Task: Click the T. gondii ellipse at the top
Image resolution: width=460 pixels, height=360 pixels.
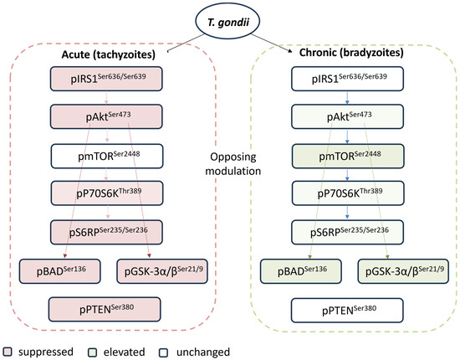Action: pyautogui.click(x=227, y=22)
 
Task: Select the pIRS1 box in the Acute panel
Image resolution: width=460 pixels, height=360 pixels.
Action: pyautogui.click(x=106, y=79)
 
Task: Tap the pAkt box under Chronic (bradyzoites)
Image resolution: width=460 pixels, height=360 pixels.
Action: pyautogui.click(x=347, y=116)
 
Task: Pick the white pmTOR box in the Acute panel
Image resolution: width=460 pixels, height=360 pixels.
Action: pyautogui.click(x=107, y=156)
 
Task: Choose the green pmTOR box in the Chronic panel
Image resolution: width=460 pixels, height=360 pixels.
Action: pyautogui.click(x=348, y=156)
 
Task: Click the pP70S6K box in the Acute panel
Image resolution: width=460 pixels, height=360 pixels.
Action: pyautogui.click(x=107, y=193)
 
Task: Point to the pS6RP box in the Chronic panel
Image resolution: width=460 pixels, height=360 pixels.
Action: pyautogui.click(x=347, y=232)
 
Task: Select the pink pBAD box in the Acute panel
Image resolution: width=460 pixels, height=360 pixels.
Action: pyautogui.click(x=60, y=271)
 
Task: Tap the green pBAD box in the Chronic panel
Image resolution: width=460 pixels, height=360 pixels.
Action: pyautogui.click(x=301, y=271)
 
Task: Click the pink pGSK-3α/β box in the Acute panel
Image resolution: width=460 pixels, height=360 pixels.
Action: pyautogui.click(x=162, y=271)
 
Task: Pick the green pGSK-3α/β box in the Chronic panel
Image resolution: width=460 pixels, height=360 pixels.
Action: pyautogui.click(x=403, y=271)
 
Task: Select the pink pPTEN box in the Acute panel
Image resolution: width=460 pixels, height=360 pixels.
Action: pyautogui.click(x=105, y=309)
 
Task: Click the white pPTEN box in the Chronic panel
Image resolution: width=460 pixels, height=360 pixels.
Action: pyautogui.click(x=347, y=311)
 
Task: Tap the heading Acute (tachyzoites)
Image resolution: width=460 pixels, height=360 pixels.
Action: pyautogui.click(x=108, y=54)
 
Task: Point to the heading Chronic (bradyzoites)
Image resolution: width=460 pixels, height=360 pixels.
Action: pyautogui.click(x=351, y=53)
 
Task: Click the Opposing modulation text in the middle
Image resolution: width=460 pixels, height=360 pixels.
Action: pyautogui.click(x=233, y=164)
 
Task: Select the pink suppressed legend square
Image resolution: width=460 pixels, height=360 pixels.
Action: pyautogui.click(x=7, y=352)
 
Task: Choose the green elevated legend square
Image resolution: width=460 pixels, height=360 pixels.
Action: pyautogui.click(x=92, y=352)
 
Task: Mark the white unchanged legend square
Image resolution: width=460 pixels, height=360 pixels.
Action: pyautogui.click(x=163, y=352)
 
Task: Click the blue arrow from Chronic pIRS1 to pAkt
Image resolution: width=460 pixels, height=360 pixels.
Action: pyautogui.click(x=347, y=97)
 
